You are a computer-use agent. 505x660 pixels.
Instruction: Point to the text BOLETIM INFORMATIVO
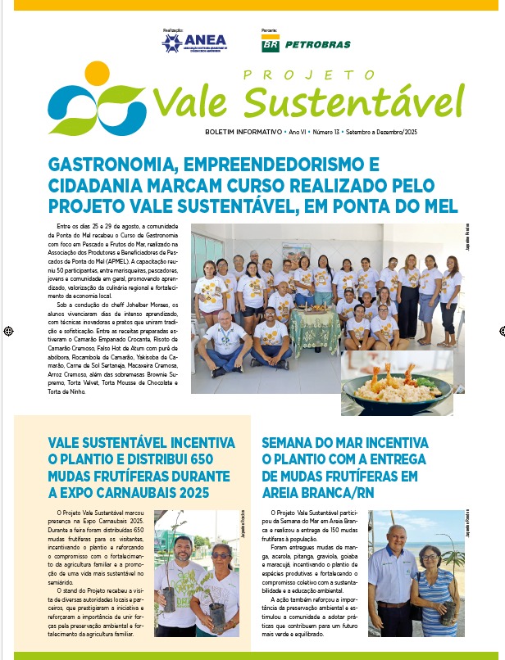pos(243,132)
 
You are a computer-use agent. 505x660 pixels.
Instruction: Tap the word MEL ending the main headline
pos(439,205)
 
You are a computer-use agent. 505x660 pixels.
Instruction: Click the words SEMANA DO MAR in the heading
pos(312,443)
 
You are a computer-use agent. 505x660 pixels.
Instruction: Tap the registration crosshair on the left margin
pos(7,331)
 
